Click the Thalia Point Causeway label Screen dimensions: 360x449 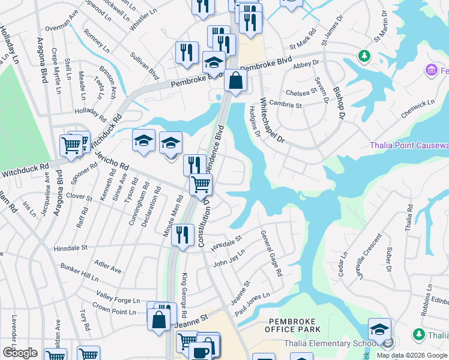point(409,146)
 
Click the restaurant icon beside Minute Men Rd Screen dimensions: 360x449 point(182,234)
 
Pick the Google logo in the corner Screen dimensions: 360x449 point(20,353)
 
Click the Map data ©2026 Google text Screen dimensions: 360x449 point(412,355)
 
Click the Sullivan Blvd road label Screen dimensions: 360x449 point(145,65)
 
